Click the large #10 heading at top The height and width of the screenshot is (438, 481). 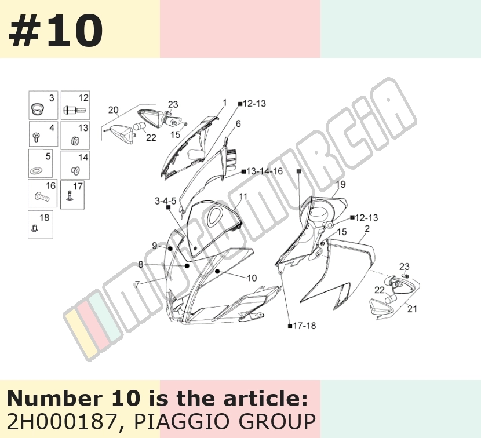click(x=56, y=31)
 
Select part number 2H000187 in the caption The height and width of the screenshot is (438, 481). click(x=61, y=422)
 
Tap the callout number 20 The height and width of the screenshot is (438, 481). click(x=113, y=110)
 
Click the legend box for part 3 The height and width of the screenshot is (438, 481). click(x=43, y=105)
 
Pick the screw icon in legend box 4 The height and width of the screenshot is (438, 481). click(x=35, y=137)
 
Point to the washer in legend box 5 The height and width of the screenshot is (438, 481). click(x=36, y=170)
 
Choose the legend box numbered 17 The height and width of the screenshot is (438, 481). click(x=72, y=195)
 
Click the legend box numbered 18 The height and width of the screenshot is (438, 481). click(x=41, y=224)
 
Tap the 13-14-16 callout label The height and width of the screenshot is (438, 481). click(x=264, y=171)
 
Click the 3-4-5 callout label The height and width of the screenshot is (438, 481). click(x=165, y=201)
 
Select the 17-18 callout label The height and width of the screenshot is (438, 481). click(x=304, y=326)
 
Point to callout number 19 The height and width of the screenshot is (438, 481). click(x=341, y=184)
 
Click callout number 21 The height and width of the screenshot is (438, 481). click(x=412, y=309)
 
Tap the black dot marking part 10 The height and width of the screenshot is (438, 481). click(x=217, y=271)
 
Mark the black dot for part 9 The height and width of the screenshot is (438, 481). click(x=170, y=248)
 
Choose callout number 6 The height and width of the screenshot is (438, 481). click(x=238, y=123)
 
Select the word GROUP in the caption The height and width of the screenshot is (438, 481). click(x=278, y=422)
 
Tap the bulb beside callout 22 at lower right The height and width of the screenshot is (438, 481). click(x=390, y=298)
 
